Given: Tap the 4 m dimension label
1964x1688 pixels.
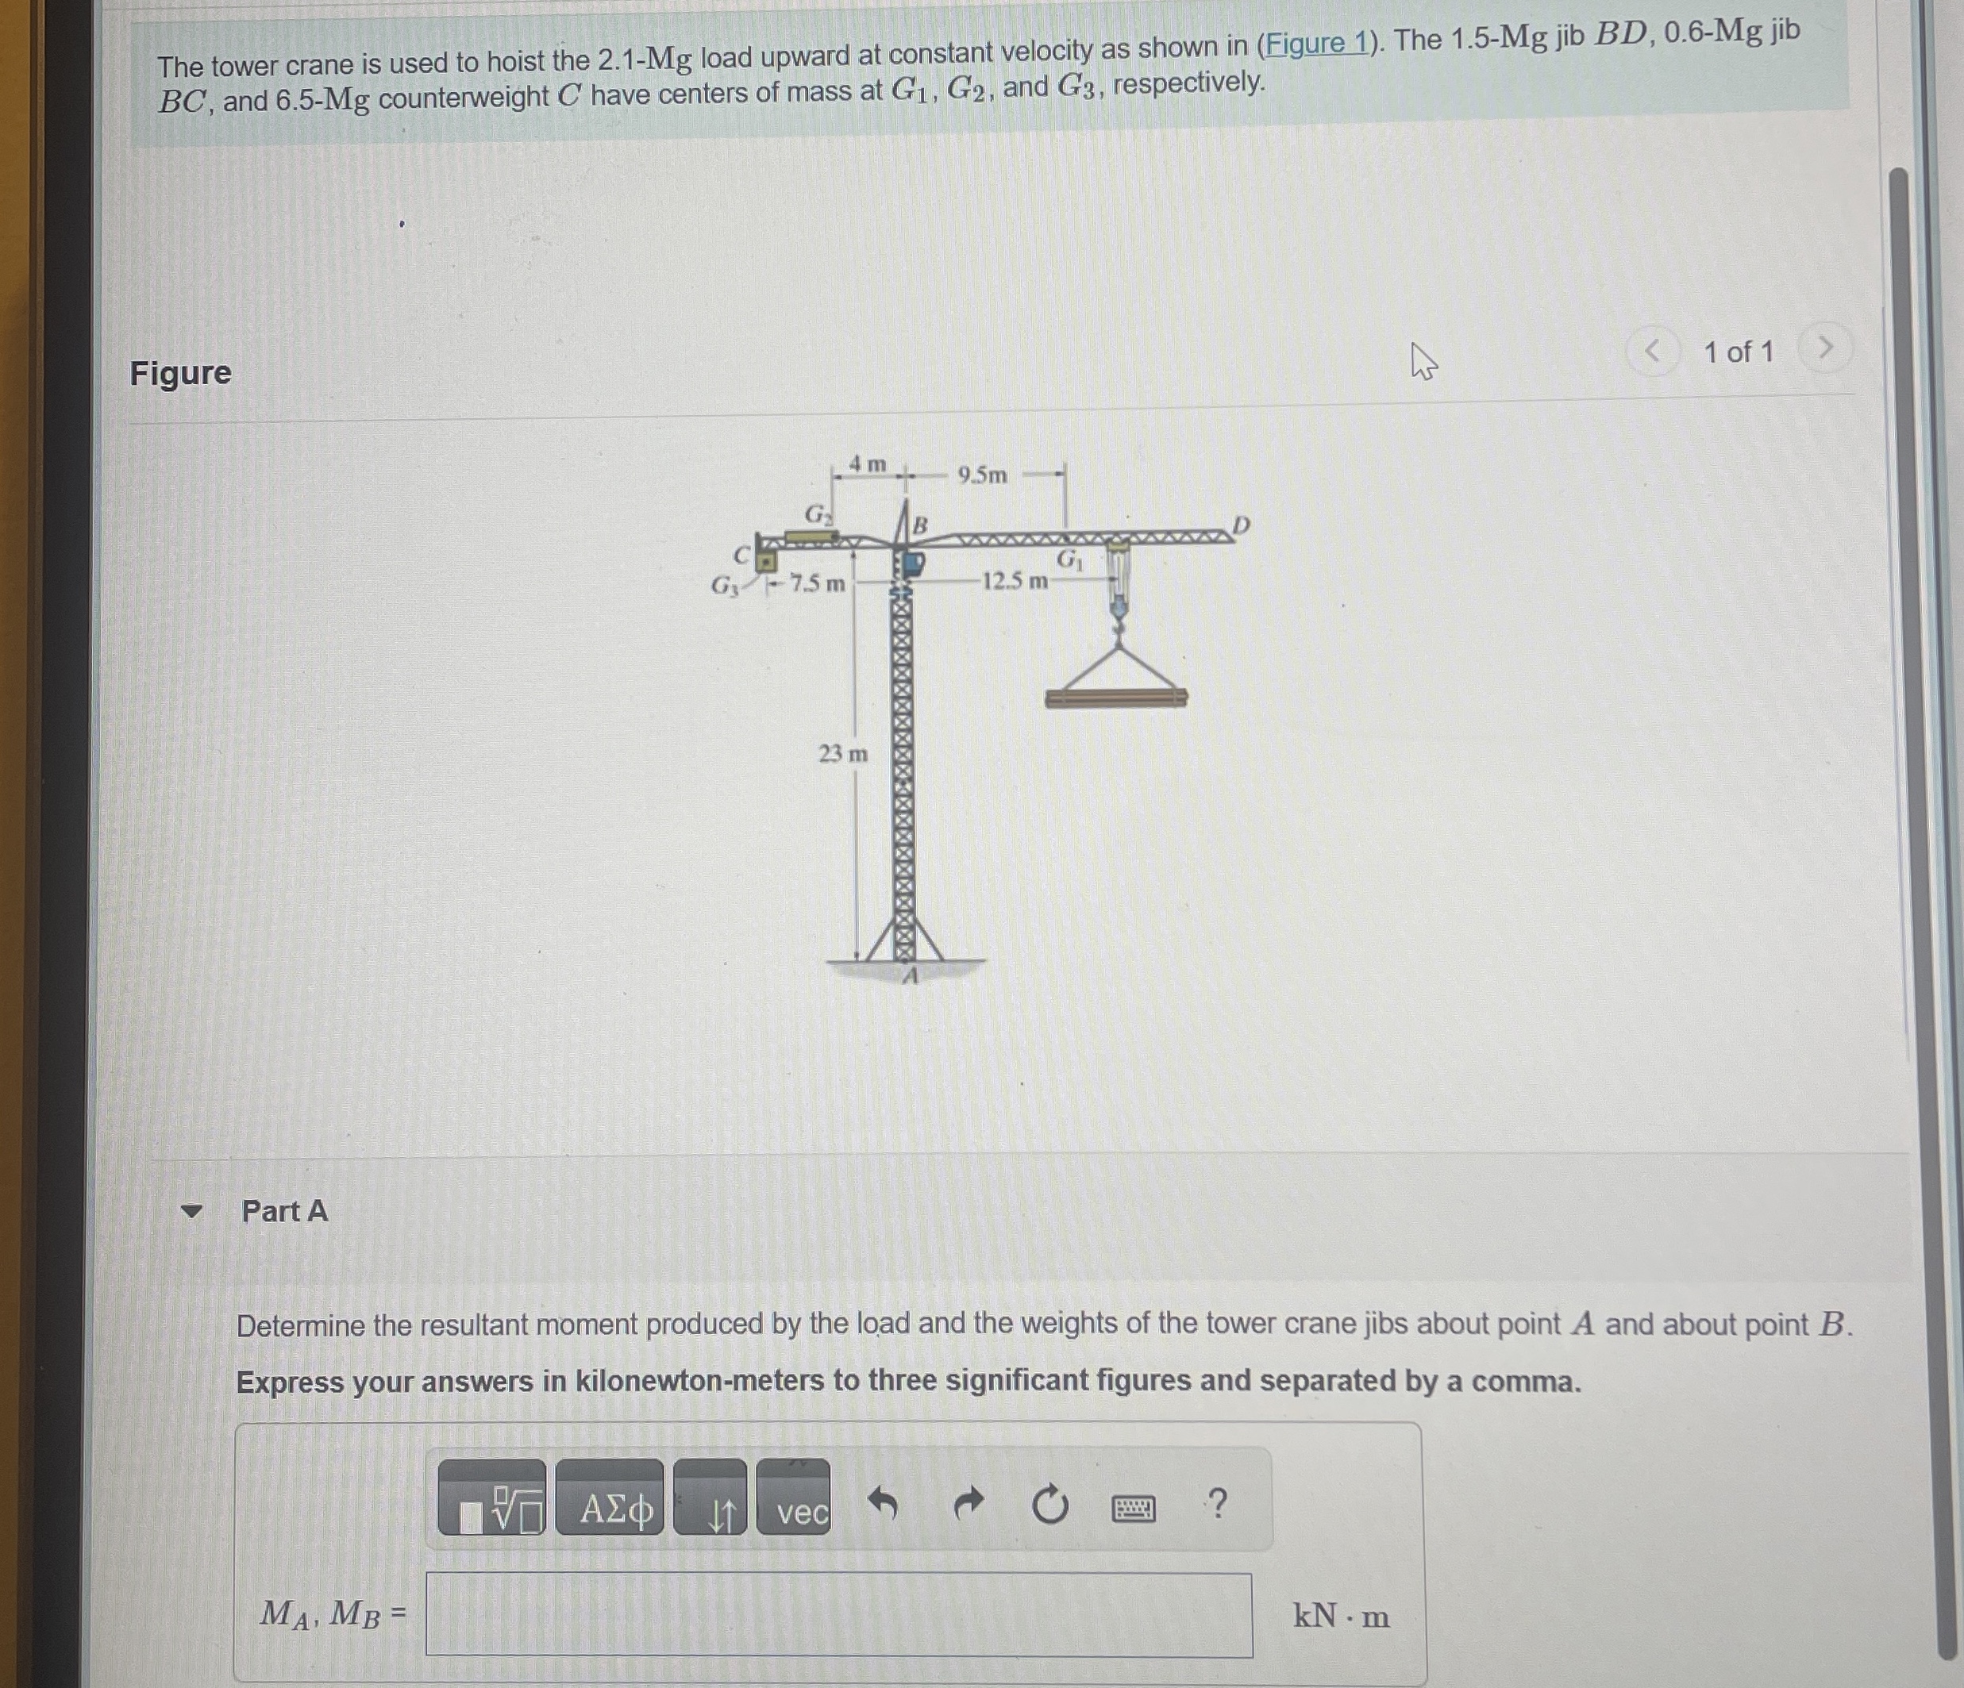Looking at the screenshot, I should [x=868, y=463].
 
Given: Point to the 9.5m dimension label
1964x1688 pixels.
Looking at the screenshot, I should [x=982, y=475].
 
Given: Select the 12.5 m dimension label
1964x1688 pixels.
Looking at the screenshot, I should [x=1015, y=580].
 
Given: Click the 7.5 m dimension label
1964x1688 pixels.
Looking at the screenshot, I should [x=816, y=583].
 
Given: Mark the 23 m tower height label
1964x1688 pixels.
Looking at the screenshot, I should [x=842, y=753].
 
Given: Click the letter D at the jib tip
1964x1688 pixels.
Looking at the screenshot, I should [x=1241, y=525].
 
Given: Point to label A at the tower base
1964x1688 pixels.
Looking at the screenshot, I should [x=910, y=975].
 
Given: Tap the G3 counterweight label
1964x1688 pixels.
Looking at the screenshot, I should [x=725, y=586].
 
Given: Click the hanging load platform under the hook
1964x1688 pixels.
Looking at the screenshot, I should [x=1115, y=698].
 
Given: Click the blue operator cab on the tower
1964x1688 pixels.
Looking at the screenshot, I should [x=912, y=564].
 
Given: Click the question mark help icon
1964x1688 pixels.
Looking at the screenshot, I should [x=1218, y=1503].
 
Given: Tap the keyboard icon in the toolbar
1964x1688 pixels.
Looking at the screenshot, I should [x=1133, y=1508].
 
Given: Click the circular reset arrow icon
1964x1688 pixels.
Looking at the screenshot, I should [x=1049, y=1505].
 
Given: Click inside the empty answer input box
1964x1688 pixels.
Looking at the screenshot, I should [x=838, y=1615].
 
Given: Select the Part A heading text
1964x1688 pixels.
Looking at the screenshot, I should [x=284, y=1211].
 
